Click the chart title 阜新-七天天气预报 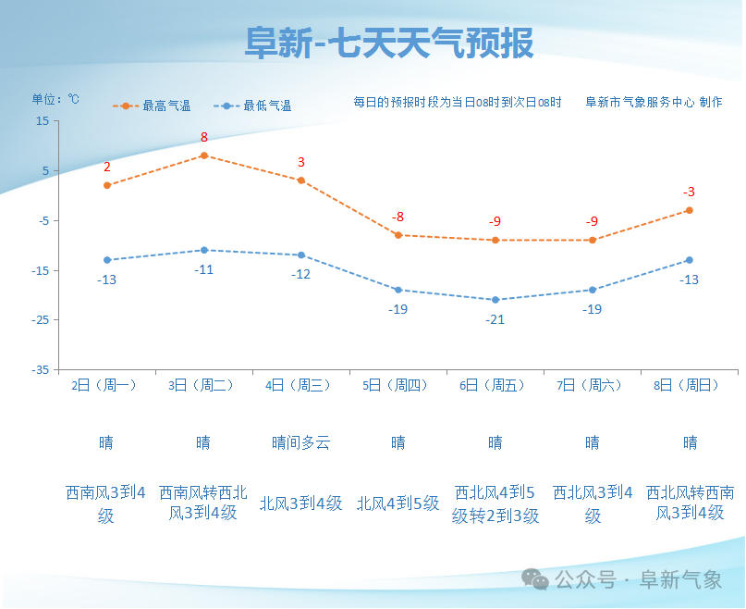388,43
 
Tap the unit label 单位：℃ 55,100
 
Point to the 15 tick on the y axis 43,121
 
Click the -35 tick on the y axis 41,369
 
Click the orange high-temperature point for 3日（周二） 204,155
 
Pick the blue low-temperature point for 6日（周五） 495,300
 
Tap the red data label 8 204,138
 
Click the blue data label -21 495,319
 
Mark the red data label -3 689,193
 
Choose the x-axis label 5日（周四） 397,386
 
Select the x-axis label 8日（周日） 689,386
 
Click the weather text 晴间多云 300,443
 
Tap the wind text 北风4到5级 397,504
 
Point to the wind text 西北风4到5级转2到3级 495,504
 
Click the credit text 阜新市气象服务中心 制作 654,103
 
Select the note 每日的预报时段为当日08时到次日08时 458,103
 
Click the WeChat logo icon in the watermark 534,579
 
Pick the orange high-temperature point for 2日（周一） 107,185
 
